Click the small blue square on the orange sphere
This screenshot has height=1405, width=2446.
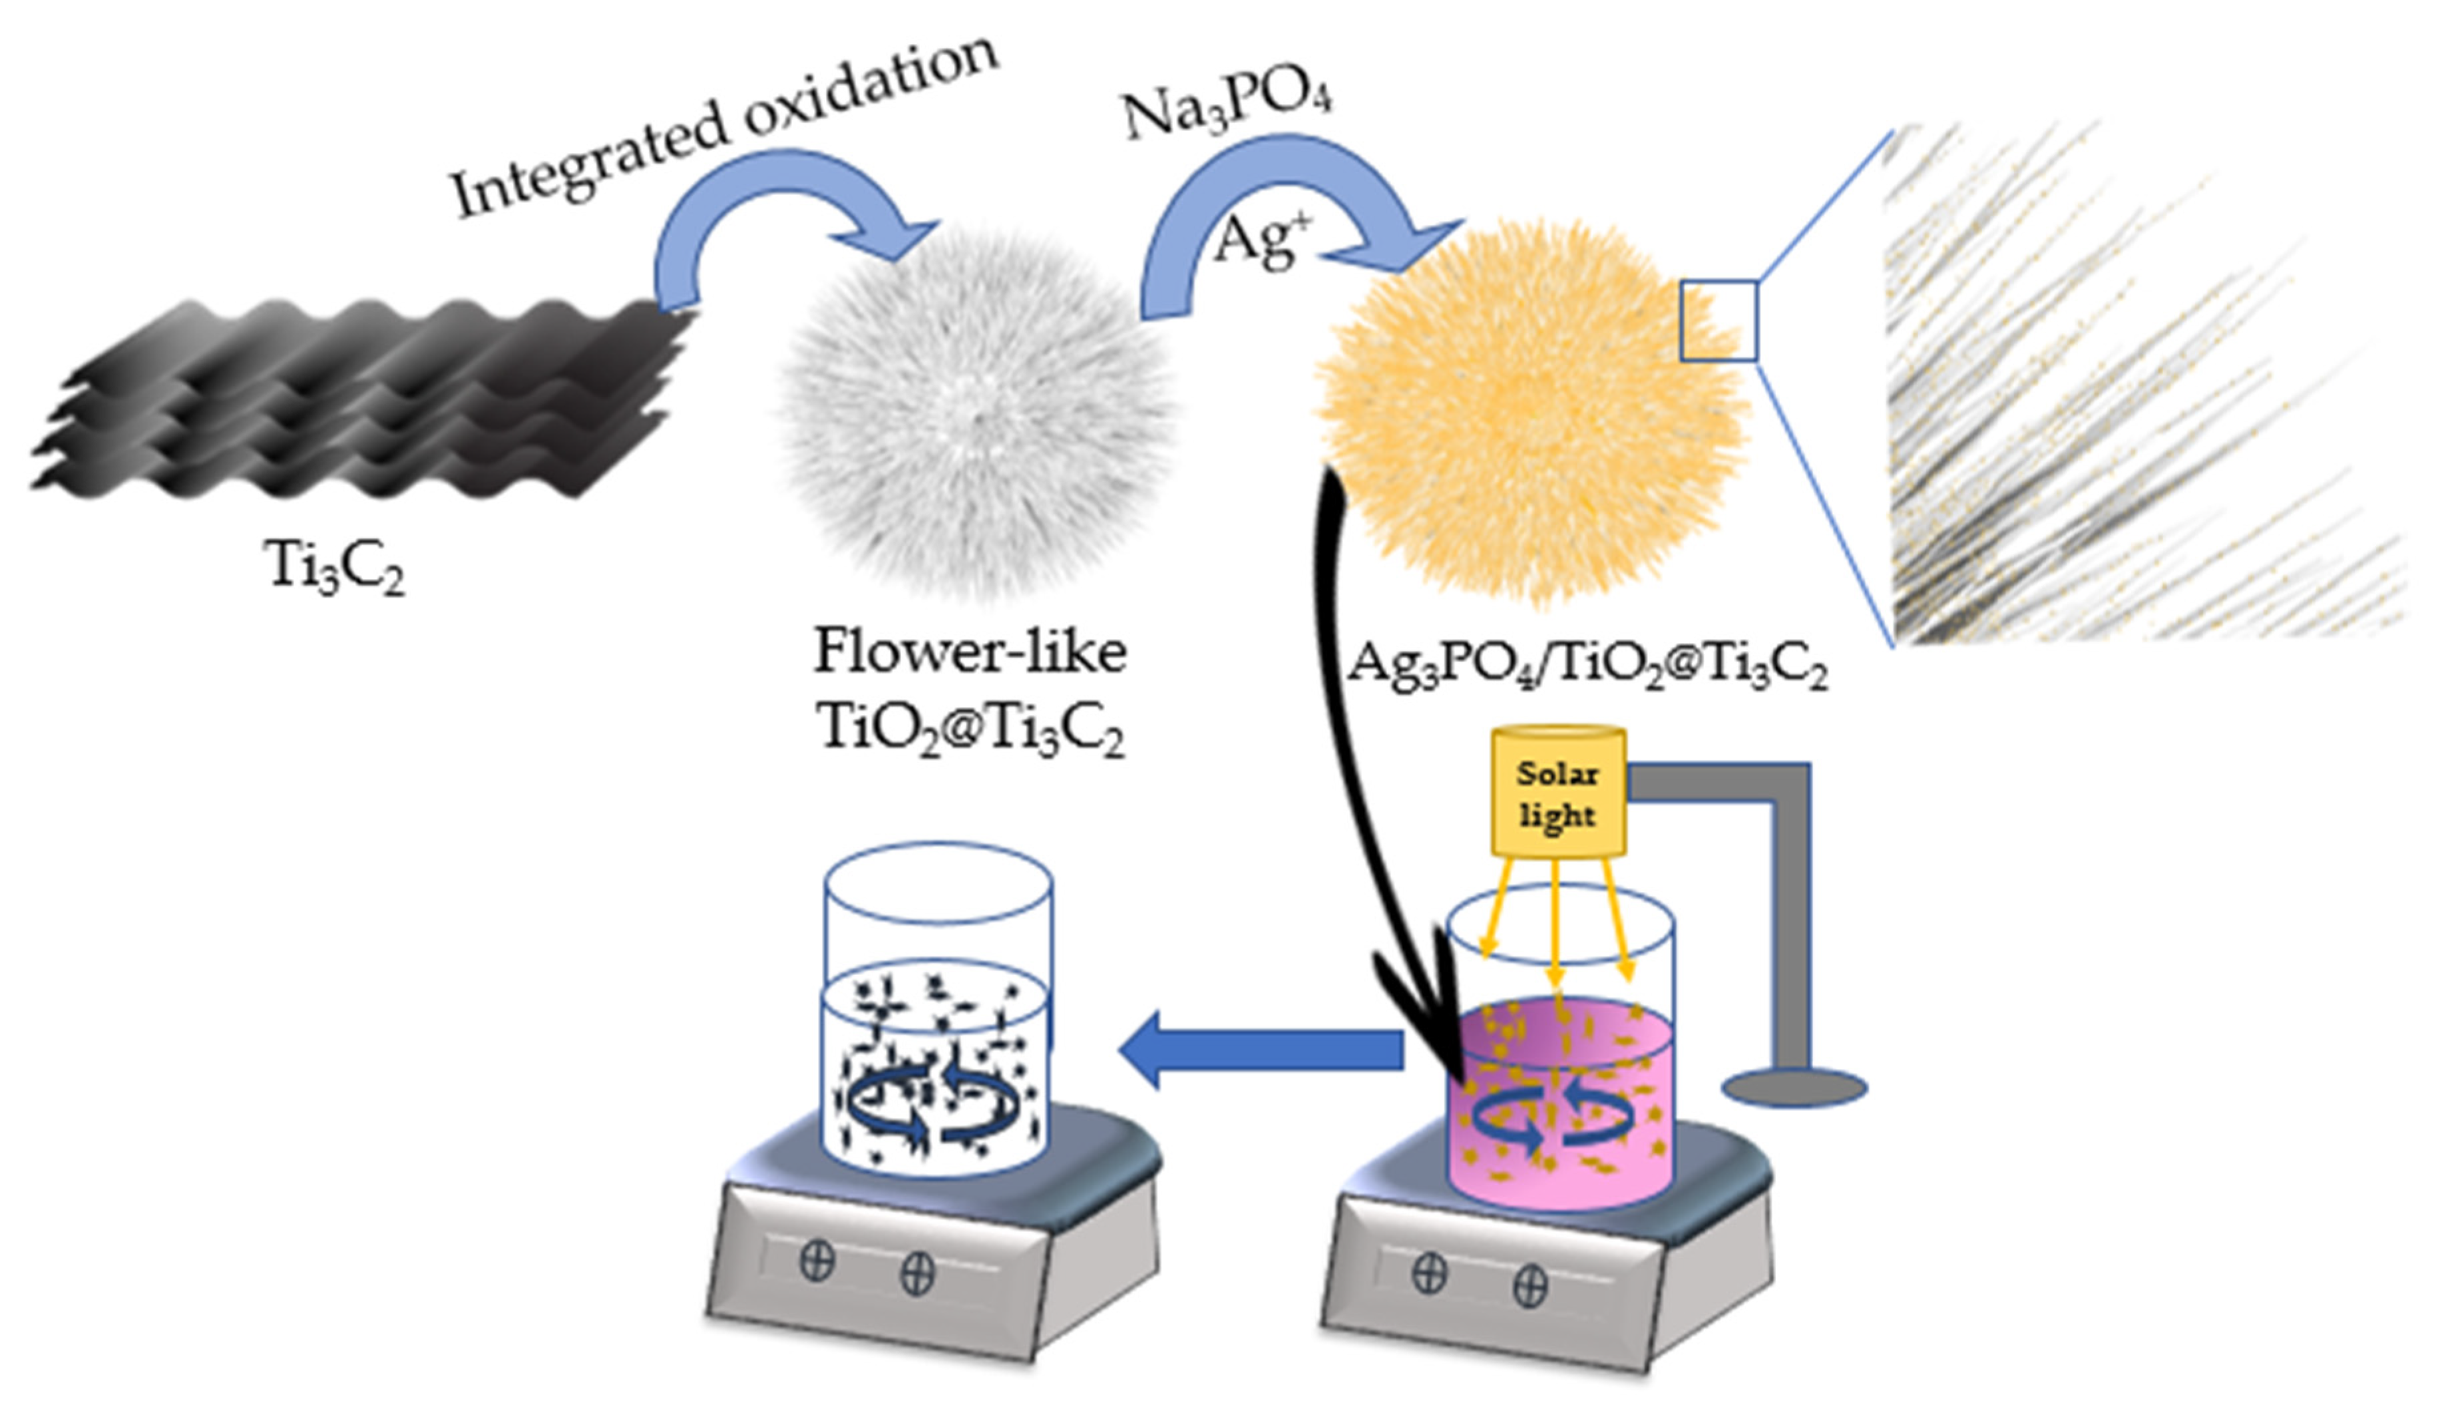(1719, 321)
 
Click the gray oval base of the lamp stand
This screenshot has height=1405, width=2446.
(1794, 1088)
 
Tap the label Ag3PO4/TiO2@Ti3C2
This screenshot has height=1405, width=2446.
(1587, 666)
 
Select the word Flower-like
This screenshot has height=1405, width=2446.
(970, 652)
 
